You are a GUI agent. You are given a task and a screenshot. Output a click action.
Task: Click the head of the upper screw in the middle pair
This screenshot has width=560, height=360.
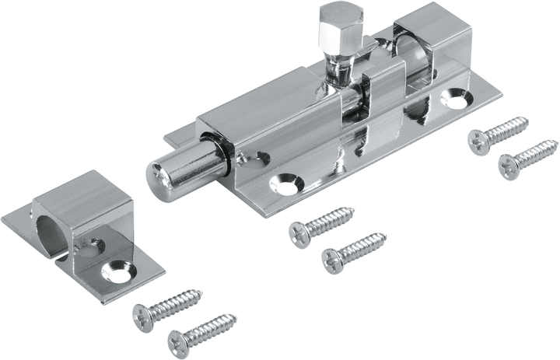coord(299,232)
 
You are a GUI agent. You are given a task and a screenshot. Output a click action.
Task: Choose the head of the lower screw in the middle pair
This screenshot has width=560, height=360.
coord(333,257)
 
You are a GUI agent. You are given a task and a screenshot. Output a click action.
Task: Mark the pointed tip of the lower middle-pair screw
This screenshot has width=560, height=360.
coord(383,235)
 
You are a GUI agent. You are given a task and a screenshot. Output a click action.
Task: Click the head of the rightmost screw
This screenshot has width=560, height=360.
coord(509,163)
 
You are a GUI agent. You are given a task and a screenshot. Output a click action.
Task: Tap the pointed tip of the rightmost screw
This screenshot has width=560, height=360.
coord(556,142)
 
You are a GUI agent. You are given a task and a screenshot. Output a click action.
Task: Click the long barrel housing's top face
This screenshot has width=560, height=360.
coord(264,101)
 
